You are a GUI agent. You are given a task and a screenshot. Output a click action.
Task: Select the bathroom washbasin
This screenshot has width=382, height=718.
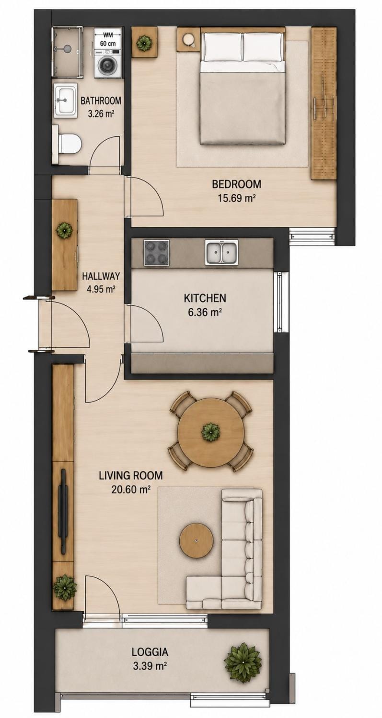point(65,100)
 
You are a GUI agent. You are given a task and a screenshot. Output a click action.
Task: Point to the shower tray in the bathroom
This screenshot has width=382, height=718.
point(67,52)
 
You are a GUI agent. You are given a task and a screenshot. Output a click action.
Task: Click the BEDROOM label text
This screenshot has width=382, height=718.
point(237,184)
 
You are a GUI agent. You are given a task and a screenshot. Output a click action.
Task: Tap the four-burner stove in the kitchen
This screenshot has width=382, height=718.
point(156,252)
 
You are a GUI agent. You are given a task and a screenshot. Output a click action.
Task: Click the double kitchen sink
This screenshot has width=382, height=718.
point(222,252)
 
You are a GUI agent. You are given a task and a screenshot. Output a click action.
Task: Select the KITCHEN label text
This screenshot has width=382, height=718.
point(205,298)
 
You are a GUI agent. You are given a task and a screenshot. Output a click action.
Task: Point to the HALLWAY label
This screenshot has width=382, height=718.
point(101,276)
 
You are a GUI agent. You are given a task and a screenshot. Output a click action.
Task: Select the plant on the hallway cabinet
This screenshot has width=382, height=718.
point(65,230)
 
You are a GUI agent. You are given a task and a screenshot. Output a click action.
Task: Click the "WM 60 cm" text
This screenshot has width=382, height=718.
point(108,39)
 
